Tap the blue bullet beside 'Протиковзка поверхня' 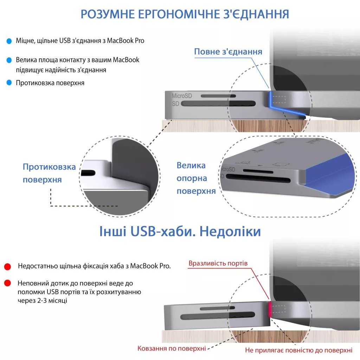(9, 83)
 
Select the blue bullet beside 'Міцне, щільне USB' (9, 41)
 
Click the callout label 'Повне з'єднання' (228, 52)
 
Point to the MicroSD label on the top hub (182, 96)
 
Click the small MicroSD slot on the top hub (218, 96)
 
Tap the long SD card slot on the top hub (218, 104)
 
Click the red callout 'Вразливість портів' (218, 263)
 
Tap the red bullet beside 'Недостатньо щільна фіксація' (8, 266)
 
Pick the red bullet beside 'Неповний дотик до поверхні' (8, 283)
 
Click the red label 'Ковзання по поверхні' (172, 348)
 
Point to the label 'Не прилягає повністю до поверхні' (299, 350)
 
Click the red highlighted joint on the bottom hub (270, 309)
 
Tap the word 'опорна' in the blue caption (192, 178)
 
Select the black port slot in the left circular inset (88, 173)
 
